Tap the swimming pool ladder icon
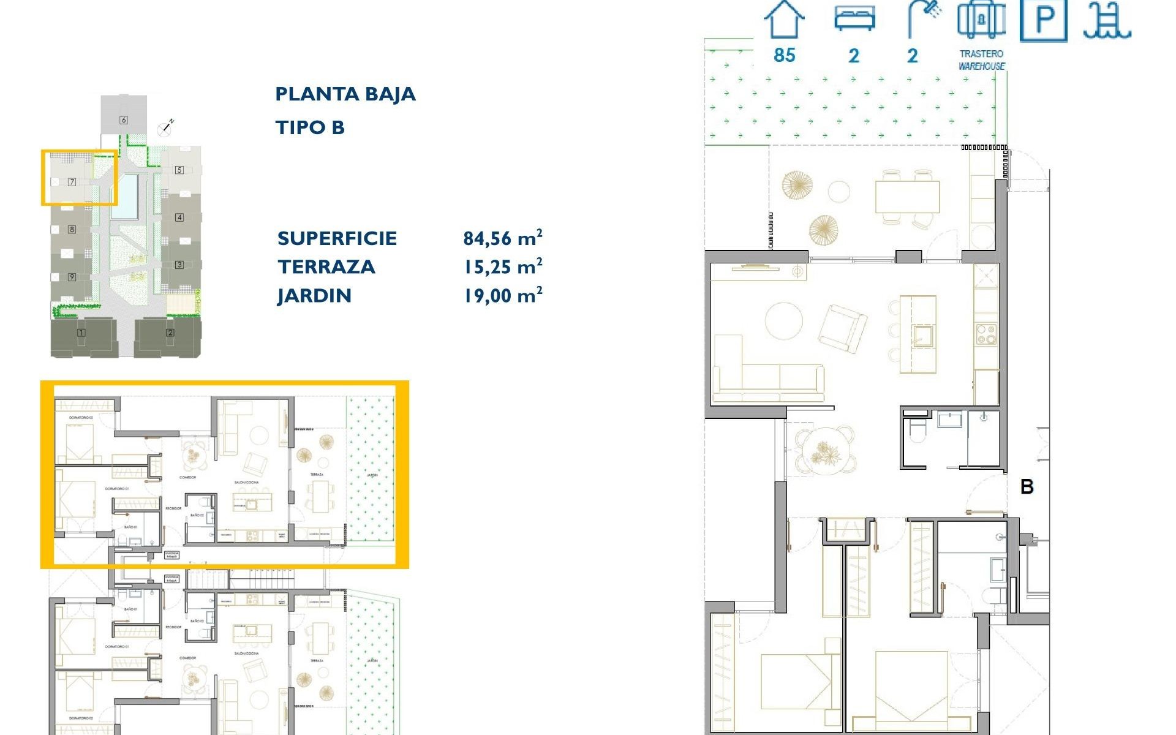pos(1106,21)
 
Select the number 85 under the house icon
pos(784,55)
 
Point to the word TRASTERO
pos(981,54)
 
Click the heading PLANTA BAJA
pos(345,94)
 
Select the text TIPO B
pos(310,128)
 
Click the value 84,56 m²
pos(502,238)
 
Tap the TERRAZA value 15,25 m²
pos(502,267)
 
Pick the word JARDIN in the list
pos(314,296)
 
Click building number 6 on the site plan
pos(124,120)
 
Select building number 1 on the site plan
pos(81,333)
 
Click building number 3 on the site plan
pos(179,265)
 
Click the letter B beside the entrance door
pos(1027,487)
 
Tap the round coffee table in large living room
pos(784,320)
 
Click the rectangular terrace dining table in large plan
pos(907,197)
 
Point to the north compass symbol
pos(165,128)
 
